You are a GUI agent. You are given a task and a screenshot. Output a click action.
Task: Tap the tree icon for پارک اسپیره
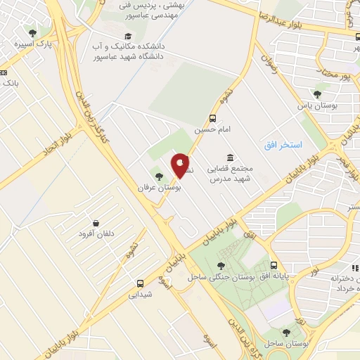coord(32,32)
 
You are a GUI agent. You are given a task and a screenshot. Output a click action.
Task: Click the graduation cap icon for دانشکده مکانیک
coord(127,36)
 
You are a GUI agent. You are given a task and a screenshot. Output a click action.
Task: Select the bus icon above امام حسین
coord(212,119)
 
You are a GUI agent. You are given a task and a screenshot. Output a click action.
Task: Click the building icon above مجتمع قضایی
coord(229,157)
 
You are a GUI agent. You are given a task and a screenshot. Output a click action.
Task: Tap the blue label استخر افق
coord(283,145)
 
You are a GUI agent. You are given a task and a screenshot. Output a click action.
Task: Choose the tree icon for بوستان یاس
coord(317,94)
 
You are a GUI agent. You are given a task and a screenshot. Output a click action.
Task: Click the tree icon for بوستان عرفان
coord(158,176)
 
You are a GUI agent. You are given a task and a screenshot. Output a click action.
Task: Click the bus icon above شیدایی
coord(141,283)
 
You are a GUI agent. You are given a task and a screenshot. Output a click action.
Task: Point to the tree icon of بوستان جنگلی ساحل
coord(221,266)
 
